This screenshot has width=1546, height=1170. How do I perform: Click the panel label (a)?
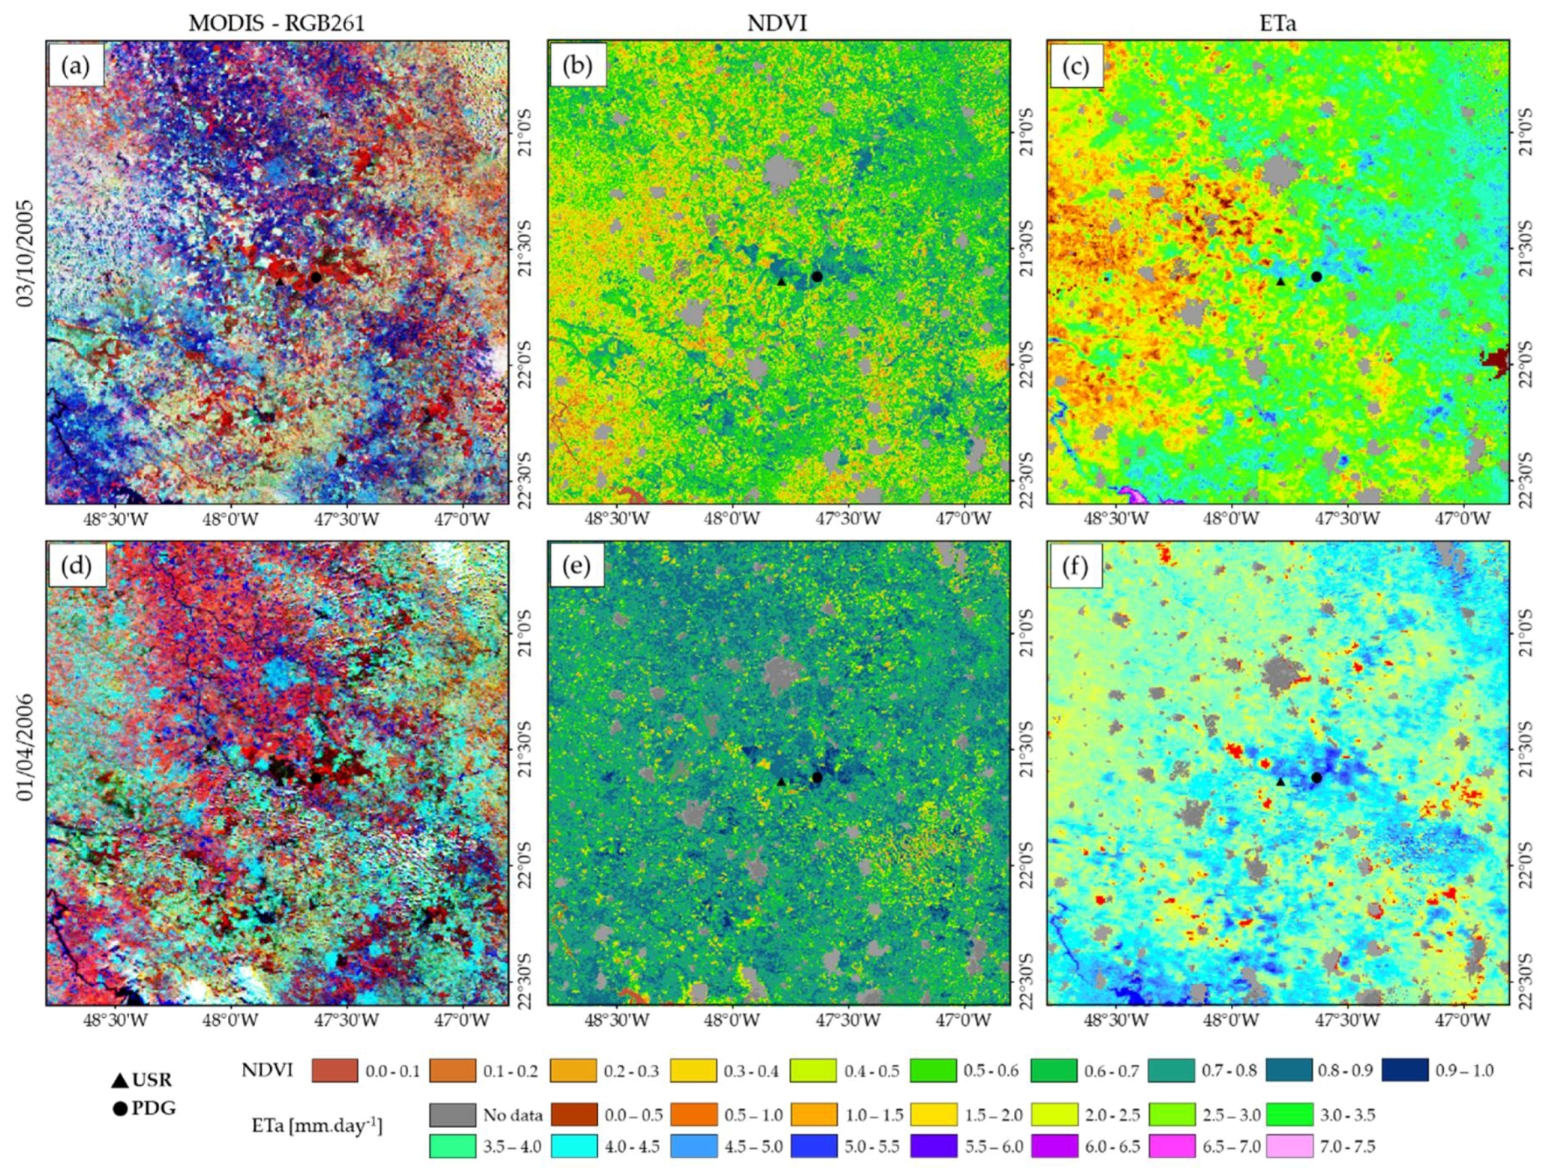[75, 66]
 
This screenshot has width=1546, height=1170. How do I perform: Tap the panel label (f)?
[1075, 567]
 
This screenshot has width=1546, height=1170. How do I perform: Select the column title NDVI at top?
[777, 23]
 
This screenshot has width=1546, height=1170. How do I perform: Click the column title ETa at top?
[1277, 23]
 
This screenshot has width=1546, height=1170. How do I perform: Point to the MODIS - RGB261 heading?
[276, 23]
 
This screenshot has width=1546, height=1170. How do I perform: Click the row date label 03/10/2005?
[26, 253]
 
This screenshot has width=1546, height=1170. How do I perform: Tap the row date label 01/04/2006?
[26, 747]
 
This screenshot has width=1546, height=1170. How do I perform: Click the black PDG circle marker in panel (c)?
[1316, 277]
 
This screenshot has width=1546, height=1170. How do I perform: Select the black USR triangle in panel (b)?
[781, 281]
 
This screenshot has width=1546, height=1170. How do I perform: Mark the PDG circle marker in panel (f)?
[1316, 777]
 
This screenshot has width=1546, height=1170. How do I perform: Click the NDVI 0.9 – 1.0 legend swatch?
[1404, 1069]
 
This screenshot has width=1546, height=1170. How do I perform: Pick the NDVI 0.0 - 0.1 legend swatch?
[334, 1069]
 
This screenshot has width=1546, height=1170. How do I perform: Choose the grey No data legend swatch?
[453, 1114]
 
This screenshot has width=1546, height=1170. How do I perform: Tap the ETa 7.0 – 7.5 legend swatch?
[1289, 1146]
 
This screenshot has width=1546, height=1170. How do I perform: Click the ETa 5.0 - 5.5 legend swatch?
[814, 1146]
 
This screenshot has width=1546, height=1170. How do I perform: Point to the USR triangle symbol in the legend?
[119, 1081]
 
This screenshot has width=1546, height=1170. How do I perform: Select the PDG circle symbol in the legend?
[119, 1108]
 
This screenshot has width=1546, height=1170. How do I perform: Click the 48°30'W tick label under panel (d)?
[115, 1020]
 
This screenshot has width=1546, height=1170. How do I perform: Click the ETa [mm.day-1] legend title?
[316, 1126]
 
